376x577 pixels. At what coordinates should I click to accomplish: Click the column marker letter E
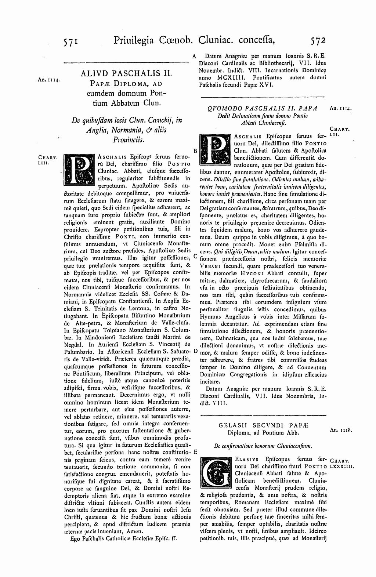[x=195, y=451]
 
